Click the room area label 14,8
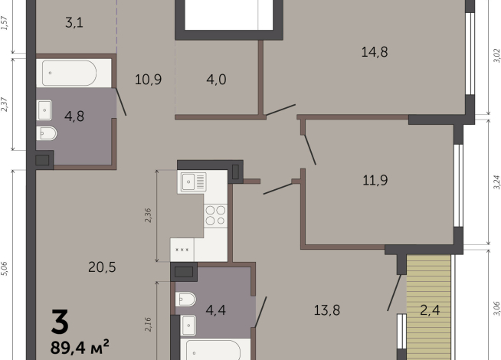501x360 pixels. [375, 52]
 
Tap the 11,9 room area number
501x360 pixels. [375, 181]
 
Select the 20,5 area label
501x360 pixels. [102, 267]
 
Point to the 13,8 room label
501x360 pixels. [327, 310]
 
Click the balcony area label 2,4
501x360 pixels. [430, 310]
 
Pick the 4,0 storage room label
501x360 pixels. [216, 79]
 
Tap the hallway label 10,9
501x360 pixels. [148, 79]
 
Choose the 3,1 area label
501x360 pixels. [74, 23]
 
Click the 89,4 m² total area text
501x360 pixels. [80, 347]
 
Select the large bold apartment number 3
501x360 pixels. [60, 322]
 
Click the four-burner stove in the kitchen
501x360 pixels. [216, 215]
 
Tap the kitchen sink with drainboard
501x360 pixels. [194, 182]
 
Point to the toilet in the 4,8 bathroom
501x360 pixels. [47, 133]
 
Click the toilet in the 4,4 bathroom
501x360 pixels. [185, 299]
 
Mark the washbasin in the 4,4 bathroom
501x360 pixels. [188, 326]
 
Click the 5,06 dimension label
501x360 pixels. [4, 268]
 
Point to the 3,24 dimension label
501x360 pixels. [496, 182]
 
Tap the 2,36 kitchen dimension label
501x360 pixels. [148, 215]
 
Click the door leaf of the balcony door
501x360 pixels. [395, 293]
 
